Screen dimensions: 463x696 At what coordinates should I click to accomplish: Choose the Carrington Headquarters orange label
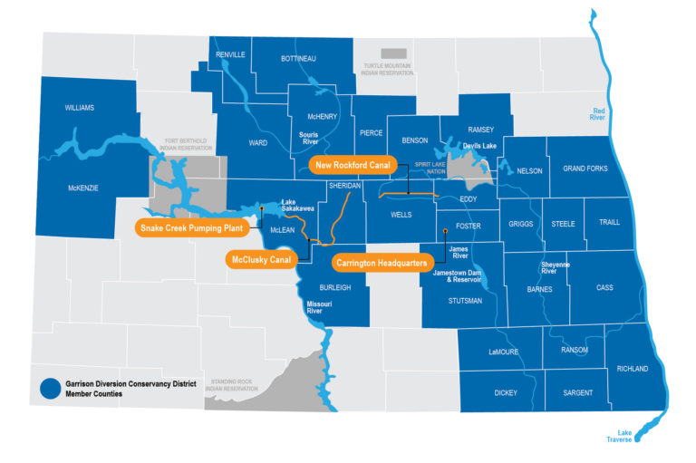pyautogui.click(x=387, y=263)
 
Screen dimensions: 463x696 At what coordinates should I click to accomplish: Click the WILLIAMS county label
pyautogui.click(x=79, y=108)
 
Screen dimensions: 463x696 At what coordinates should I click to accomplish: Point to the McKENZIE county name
pyautogui.click(x=82, y=188)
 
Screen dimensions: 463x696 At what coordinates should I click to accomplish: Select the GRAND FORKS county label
pyautogui.click(x=585, y=169)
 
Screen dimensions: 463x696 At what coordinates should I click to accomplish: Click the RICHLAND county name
pyautogui.click(x=632, y=369)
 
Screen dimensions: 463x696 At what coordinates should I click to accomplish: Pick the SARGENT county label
pyautogui.click(x=577, y=393)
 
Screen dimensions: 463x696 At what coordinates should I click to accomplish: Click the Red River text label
pyautogui.click(x=597, y=113)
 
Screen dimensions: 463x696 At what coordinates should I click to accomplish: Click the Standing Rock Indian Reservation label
pyautogui.click(x=234, y=385)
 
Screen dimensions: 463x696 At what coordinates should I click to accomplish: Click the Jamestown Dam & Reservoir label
pyautogui.click(x=459, y=276)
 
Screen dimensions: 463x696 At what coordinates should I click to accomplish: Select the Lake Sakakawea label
pyautogui.click(x=296, y=205)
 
